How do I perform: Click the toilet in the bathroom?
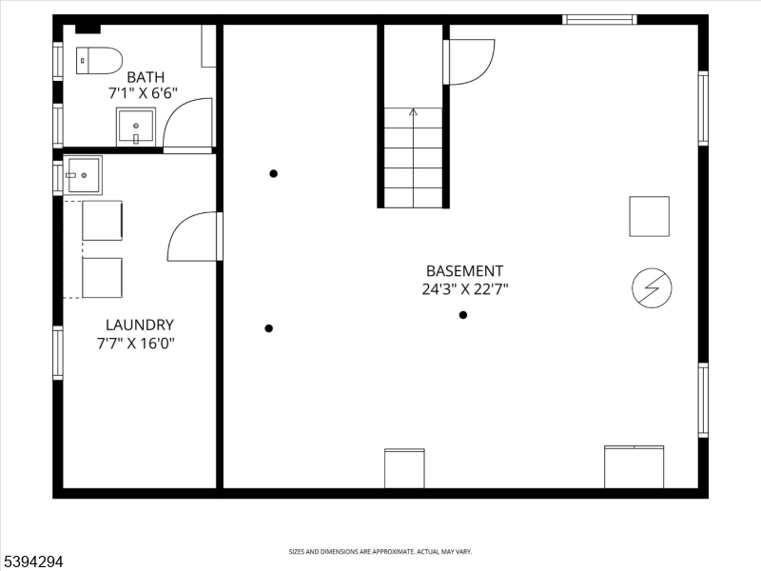coord(99,60)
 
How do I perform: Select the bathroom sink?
coord(136,126)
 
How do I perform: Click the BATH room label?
coord(146,77)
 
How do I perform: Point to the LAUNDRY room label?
coord(139,325)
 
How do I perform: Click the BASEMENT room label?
coord(464,271)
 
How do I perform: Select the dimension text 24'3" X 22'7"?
coord(465,290)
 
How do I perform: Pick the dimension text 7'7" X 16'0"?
coord(136,343)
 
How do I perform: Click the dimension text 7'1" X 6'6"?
coord(143,93)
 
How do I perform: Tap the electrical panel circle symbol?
coord(653,288)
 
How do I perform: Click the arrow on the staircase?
coord(413,112)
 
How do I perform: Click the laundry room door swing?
coord(193,237)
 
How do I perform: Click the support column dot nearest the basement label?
coord(463,315)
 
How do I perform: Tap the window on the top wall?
coord(599,19)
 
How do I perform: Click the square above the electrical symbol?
coord(649,216)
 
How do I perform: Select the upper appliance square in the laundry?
coord(102,220)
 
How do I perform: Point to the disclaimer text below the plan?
coord(380,552)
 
